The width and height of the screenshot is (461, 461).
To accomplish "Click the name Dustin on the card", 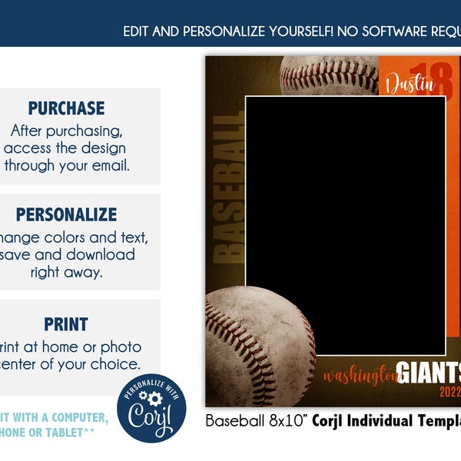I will click(410, 84).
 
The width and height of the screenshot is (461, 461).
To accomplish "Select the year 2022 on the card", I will click(450, 392).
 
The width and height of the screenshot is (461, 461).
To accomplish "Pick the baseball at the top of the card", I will click(329, 75).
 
